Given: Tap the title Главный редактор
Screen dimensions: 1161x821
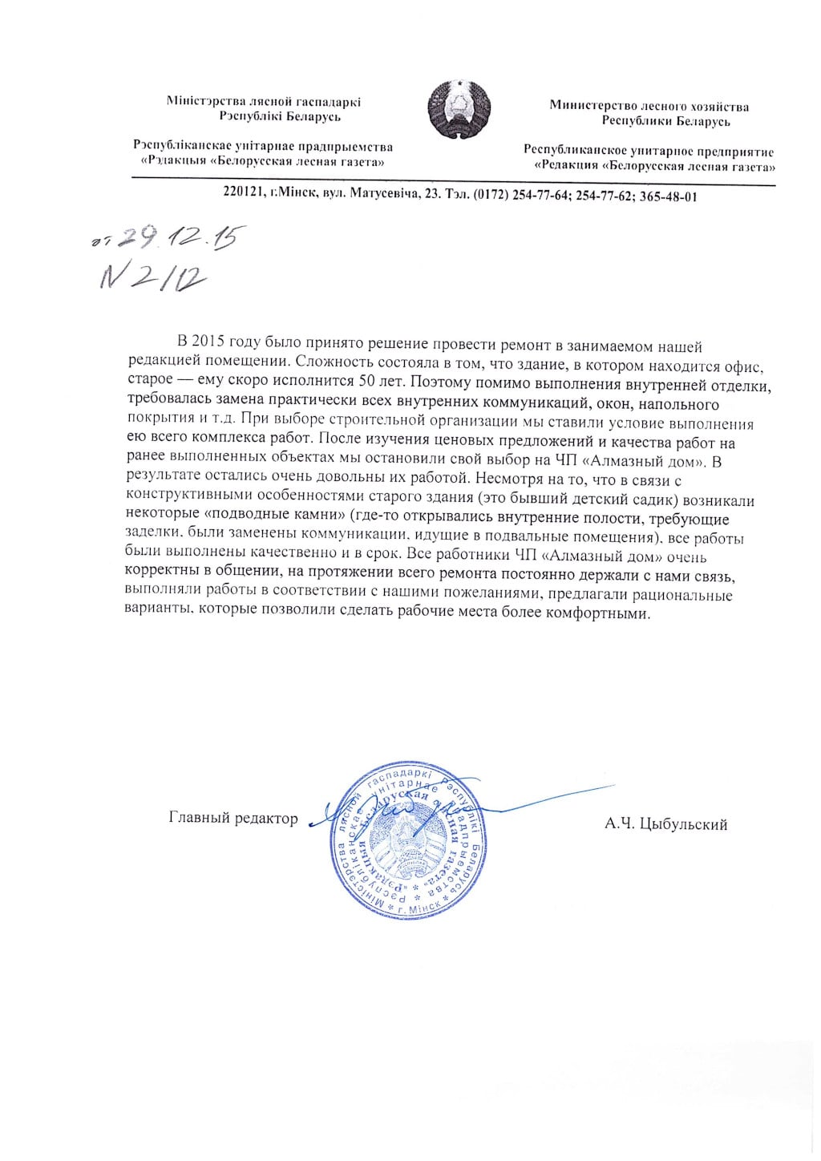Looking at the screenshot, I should tap(233, 819).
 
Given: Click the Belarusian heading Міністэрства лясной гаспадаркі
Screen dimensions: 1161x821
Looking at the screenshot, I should tap(263, 102).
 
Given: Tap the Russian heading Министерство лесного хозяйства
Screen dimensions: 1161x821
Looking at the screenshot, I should tap(649, 106).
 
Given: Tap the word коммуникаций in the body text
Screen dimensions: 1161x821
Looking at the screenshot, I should tap(503, 402).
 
